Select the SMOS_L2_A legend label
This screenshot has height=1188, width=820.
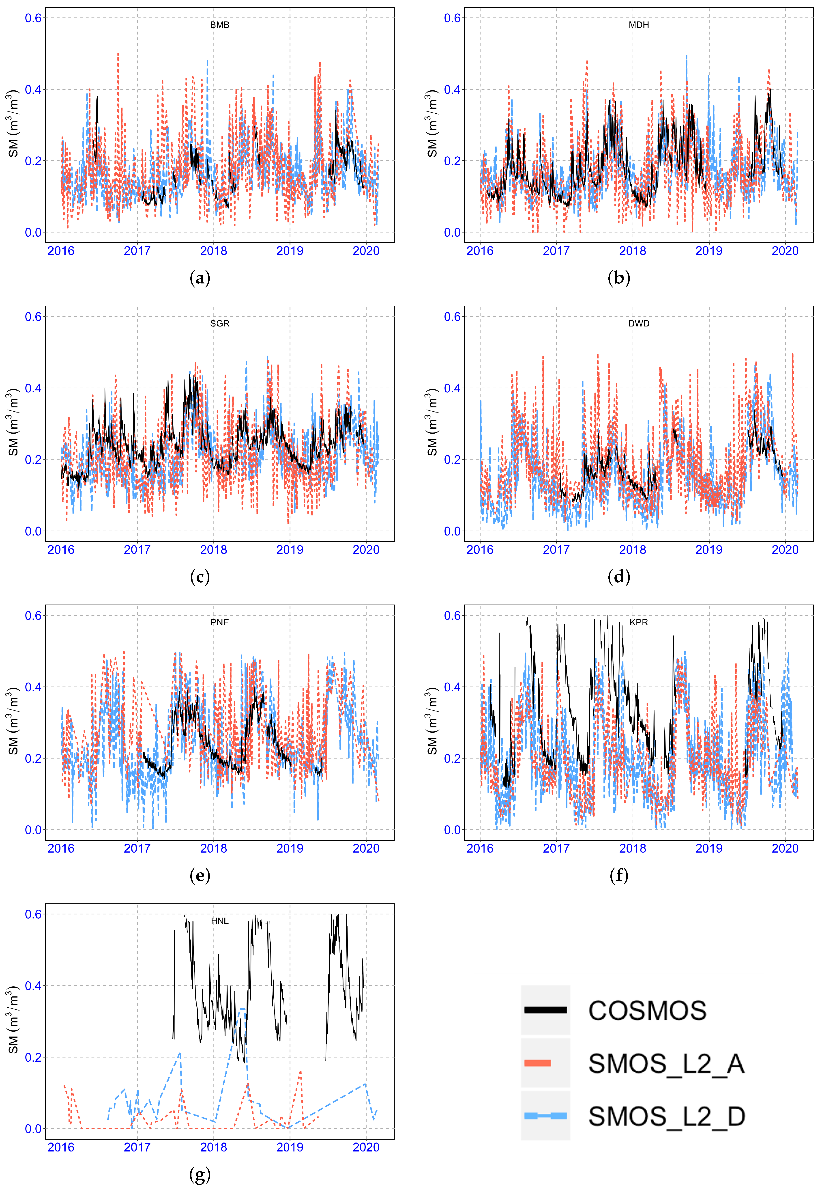(x=666, y=1064)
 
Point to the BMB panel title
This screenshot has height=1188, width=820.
(x=219, y=25)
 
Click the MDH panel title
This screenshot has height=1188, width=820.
(x=639, y=25)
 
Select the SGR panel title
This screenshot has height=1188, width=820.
(x=219, y=323)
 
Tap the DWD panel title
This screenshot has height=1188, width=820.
(x=639, y=323)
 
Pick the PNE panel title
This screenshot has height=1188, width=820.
(x=219, y=622)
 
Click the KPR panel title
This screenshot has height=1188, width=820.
(x=639, y=622)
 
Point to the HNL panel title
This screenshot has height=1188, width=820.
(x=219, y=921)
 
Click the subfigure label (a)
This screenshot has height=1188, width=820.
(x=200, y=278)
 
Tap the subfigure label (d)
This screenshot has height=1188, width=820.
(x=619, y=577)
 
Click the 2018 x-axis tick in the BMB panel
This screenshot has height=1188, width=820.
(x=213, y=251)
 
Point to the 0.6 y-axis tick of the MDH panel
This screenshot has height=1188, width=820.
(x=452, y=18)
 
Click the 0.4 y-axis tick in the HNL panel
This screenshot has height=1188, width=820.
(x=33, y=985)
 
